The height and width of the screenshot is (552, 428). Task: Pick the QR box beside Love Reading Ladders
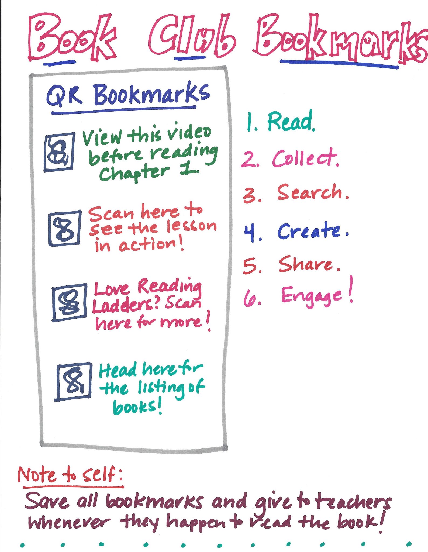pyautogui.click(x=69, y=302)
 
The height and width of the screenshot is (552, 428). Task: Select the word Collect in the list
pyautogui.click(x=305, y=158)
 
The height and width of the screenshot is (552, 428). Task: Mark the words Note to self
pyautogui.click(x=70, y=474)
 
